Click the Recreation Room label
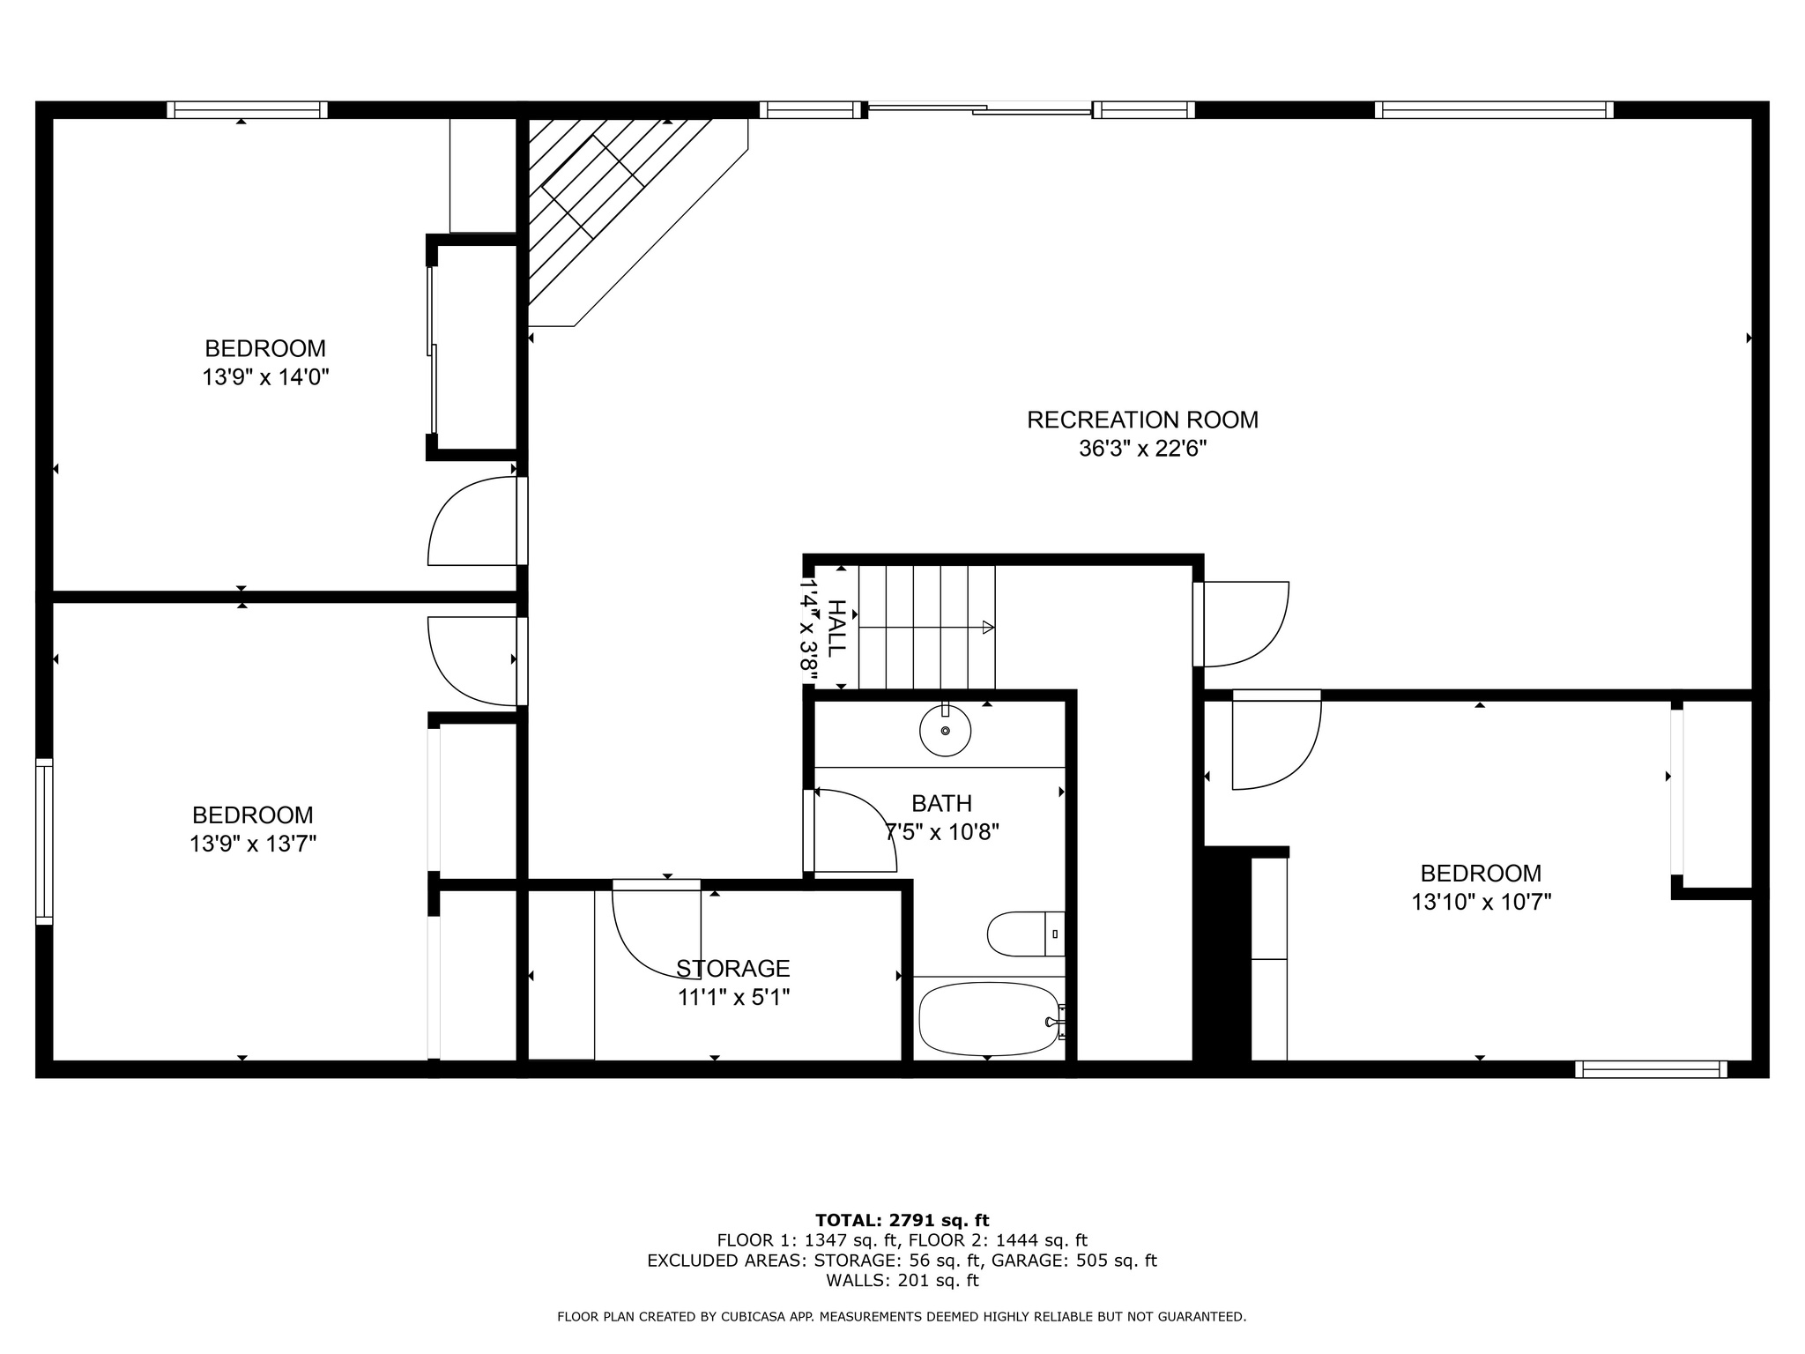click(1142, 420)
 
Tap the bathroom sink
click(945, 730)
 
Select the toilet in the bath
click(1022, 934)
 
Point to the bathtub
click(988, 1019)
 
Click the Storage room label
click(732, 969)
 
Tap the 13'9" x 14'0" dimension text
click(265, 378)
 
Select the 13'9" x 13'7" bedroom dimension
click(253, 844)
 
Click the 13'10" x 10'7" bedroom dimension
click(1481, 903)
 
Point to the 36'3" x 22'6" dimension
click(1142, 449)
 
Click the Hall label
click(836, 628)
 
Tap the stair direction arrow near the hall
click(988, 628)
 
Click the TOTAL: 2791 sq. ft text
click(902, 1220)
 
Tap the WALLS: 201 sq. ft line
click(902, 1280)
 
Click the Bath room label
click(941, 804)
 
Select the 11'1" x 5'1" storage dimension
click(733, 998)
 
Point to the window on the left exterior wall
click(44, 841)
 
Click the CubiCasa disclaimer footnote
click(902, 1317)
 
